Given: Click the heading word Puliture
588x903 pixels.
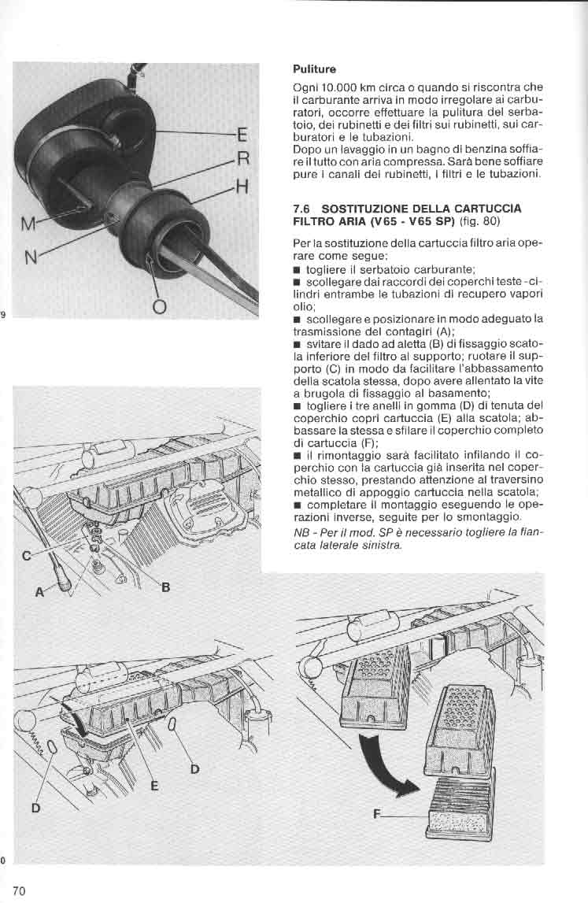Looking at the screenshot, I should click(314, 68).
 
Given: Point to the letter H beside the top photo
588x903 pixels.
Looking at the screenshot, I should click(242, 187).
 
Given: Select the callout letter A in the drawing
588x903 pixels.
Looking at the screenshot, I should click(40, 594).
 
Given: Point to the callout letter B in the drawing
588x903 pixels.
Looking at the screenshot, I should click(166, 587).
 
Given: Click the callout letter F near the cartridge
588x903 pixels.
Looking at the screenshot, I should click(378, 816).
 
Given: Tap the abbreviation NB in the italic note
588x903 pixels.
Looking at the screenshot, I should click(300, 533).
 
